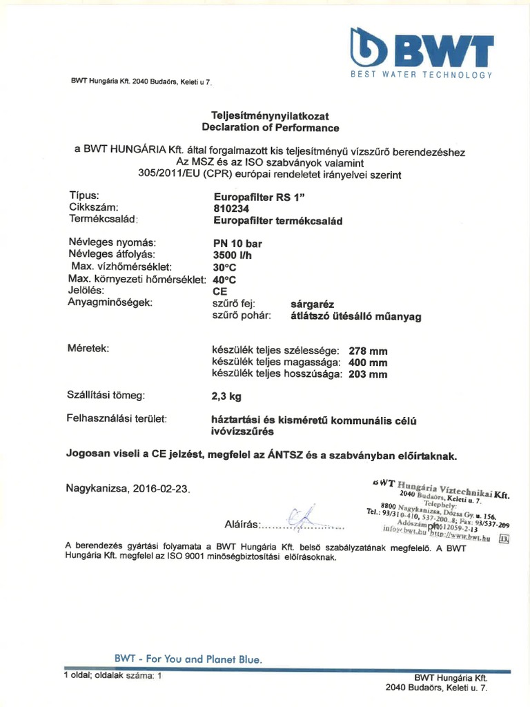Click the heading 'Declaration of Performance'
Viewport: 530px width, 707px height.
click(x=270, y=128)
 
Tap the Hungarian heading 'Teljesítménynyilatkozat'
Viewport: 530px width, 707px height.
click(x=270, y=116)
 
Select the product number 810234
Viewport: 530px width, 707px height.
click(x=231, y=208)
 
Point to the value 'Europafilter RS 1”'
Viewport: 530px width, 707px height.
click(x=259, y=195)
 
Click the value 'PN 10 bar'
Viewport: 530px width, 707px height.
click(x=237, y=243)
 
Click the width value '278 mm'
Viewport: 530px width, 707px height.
click(x=368, y=351)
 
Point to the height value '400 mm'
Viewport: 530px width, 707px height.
click(x=368, y=362)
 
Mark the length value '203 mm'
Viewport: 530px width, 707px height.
click(x=368, y=374)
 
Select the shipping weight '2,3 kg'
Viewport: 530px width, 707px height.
click(x=226, y=396)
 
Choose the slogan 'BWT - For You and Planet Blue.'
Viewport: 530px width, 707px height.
click(x=188, y=659)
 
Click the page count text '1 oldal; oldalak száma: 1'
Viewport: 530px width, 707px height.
click(x=112, y=676)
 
